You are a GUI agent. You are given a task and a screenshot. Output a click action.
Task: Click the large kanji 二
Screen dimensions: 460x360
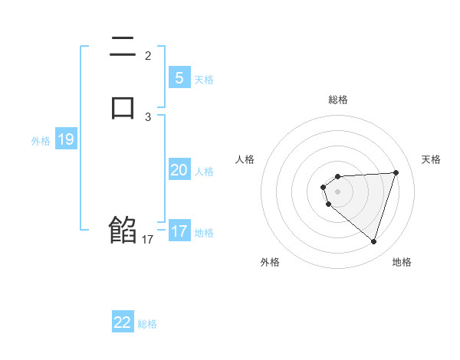pyautogui.click(x=123, y=50)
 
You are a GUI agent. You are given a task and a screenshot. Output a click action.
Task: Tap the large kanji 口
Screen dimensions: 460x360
pyautogui.click(x=123, y=106)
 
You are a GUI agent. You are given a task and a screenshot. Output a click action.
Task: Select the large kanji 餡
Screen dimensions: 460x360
pyautogui.click(x=123, y=230)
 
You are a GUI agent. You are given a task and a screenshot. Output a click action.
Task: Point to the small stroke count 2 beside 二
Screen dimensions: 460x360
pyautogui.click(x=148, y=55)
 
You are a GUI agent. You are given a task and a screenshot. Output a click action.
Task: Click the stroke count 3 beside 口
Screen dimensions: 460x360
pyautogui.click(x=148, y=117)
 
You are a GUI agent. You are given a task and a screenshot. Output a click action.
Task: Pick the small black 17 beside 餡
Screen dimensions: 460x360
pyautogui.click(x=147, y=240)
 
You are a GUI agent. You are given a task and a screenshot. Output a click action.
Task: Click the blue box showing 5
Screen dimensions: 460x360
pyautogui.click(x=179, y=78)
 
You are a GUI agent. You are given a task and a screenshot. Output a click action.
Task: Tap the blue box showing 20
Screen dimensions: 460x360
pyautogui.click(x=179, y=170)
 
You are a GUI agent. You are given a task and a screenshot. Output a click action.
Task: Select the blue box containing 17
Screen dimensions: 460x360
pyautogui.click(x=179, y=231)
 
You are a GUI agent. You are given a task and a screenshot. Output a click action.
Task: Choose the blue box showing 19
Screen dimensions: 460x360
pyautogui.click(x=66, y=139)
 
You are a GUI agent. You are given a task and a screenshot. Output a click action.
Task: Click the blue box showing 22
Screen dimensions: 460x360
pyautogui.click(x=123, y=322)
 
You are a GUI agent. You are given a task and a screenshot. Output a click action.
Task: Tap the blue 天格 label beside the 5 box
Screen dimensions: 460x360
pyautogui.click(x=204, y=80)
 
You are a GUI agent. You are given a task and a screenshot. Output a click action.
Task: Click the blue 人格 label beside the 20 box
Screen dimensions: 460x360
pyautogui.click(x=204, y=172)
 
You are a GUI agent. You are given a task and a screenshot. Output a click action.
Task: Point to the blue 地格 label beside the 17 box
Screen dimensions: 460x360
pyautogui.click(x=204, y=233)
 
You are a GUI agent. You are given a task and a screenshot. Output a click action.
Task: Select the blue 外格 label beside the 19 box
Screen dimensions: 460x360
pyautogui.click(x=41, y=141)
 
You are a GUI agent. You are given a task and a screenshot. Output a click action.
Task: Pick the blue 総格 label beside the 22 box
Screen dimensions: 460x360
pyautogui.click(x=147, y=324)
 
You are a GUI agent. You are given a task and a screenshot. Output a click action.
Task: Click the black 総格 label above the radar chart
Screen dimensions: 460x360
pyautogui.click(x=338, y=100)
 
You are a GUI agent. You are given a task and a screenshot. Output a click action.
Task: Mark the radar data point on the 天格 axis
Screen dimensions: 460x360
pyautogui.click(x=396, y=173)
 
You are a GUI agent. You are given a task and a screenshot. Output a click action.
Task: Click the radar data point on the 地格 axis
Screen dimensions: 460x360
pyautogui.click(x=373, y=242)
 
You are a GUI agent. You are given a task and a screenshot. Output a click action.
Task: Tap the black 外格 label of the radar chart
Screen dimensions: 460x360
pyautogui.click(x=270, y=262)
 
